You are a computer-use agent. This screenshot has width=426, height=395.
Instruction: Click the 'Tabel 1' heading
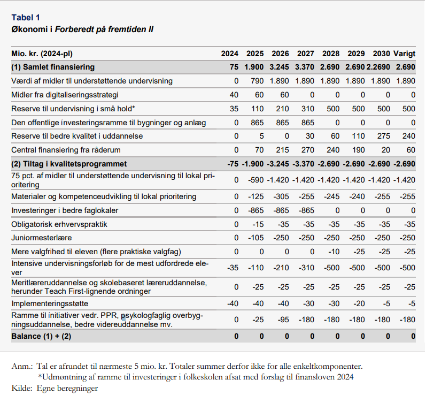coord(26,18)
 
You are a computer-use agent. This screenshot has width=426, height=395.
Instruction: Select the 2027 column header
coord(305,54)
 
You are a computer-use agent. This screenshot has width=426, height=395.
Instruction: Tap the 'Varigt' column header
coord(404,54)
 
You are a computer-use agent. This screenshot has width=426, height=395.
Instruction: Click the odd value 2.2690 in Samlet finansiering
coord(378,67)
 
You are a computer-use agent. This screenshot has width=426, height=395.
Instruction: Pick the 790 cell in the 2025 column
coord(257,81)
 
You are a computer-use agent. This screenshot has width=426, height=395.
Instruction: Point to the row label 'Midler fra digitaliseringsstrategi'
coord(65,95)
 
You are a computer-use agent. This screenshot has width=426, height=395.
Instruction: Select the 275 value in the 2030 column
coord(383,136)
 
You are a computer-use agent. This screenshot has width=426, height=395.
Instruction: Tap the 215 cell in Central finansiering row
coord(282,150)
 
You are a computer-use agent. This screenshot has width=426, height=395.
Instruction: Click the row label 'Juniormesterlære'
coord(42,238)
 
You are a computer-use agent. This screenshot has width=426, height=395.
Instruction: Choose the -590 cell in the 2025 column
coord(255,180)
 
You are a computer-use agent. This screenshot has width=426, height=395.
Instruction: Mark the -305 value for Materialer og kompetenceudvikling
coord(281,196)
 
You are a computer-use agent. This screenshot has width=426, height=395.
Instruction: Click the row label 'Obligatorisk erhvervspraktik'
coord(59,224)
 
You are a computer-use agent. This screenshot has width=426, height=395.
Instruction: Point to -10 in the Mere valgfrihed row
coord(334,252)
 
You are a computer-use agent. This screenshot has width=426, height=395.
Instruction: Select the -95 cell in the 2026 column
coord(283,320)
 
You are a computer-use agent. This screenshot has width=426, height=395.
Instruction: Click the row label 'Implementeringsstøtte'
coord(50,303)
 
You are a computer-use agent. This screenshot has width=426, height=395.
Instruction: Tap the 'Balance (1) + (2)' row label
coord(41,336)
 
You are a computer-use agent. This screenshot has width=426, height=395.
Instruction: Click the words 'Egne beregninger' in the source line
coord(67,389)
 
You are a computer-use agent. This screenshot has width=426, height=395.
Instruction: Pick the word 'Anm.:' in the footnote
coord(22,367)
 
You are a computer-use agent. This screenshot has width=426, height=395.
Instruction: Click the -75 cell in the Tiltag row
coord(233,164)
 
